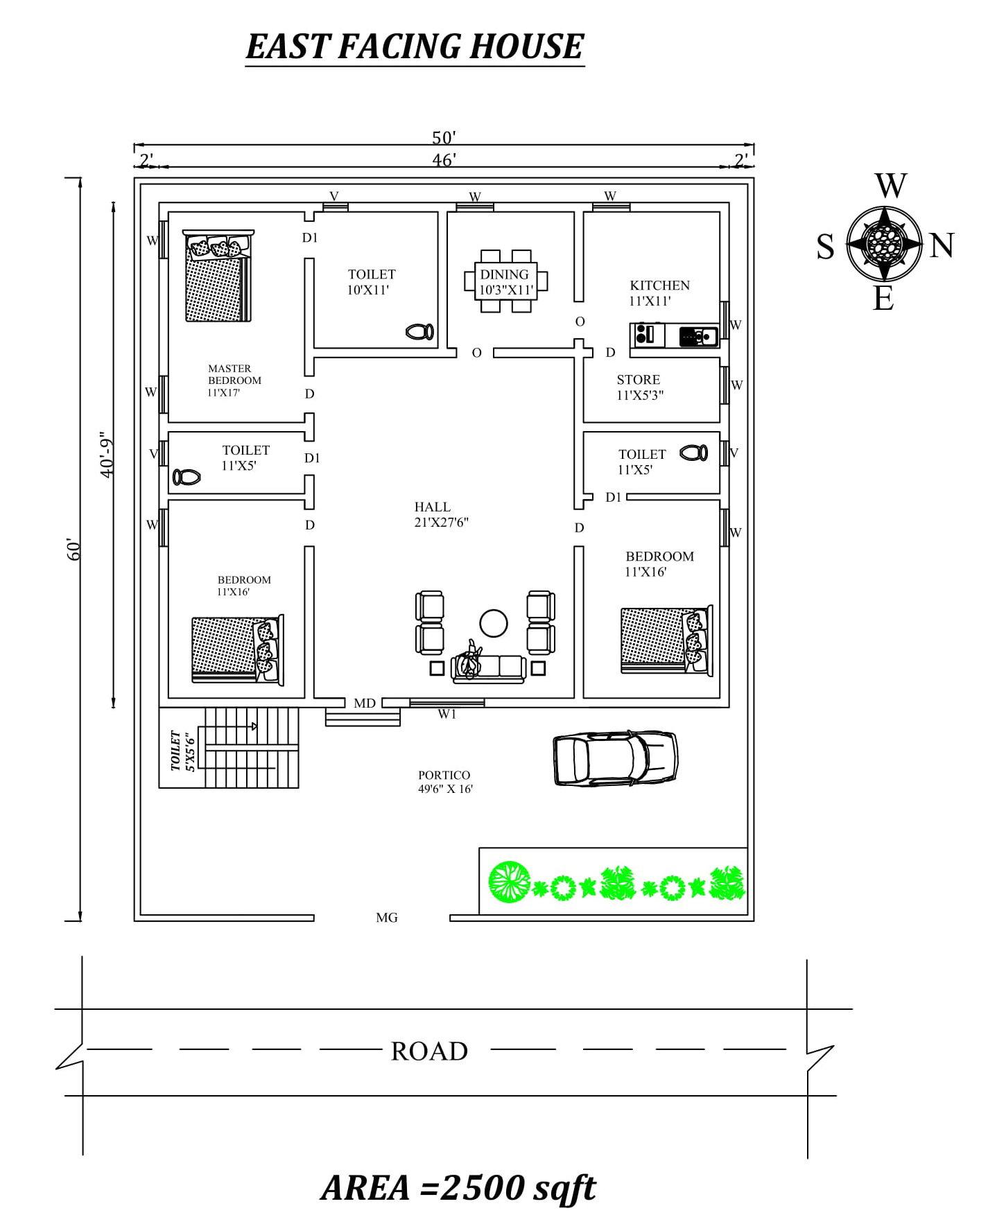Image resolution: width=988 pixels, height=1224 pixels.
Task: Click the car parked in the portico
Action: (615, 758)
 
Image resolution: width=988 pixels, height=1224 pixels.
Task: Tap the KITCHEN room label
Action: (659, 286)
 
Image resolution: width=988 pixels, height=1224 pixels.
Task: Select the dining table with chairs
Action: (505, 281)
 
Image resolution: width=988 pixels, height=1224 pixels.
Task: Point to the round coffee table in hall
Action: (493, 622)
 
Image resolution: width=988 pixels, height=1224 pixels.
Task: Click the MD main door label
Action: (364, 703)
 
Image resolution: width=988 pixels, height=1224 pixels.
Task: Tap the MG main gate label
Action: (386, 918)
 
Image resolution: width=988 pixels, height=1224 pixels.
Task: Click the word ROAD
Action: (429, 1051)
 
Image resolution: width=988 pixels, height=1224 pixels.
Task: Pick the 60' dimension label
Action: (75, 550)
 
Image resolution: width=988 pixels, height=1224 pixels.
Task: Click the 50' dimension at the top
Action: (444, 138)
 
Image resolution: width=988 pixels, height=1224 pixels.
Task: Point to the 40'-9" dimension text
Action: (106, 455)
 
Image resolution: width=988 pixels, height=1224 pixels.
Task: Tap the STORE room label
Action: (638, 380)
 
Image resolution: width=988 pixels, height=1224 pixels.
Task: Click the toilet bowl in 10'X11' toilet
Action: (419, 332)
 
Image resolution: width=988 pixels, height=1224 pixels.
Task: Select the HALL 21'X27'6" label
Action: (440, 515)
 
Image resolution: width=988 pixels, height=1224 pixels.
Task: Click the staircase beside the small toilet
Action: (251, 747)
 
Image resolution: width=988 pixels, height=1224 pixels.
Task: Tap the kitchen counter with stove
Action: (673, 335)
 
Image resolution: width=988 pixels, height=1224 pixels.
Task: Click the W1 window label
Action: (447, 715)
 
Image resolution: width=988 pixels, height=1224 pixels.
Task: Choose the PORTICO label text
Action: (444, 776)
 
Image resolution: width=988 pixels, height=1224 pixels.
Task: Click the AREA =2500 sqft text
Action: (458, 1188)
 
